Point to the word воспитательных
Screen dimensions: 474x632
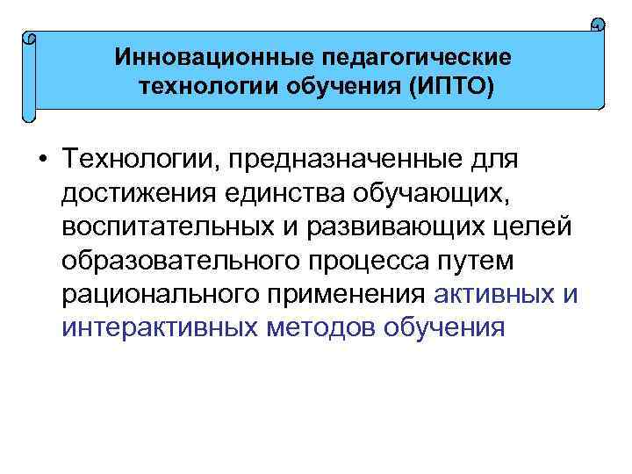(166, 226)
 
